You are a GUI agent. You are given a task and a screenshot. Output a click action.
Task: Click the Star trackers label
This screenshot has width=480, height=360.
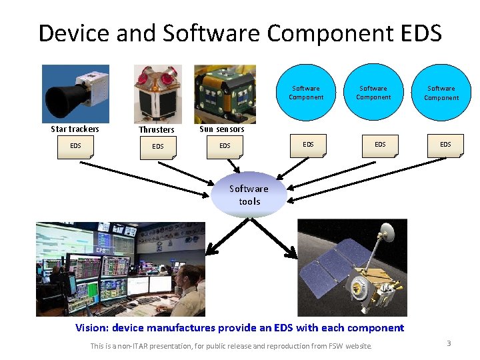[75, 129]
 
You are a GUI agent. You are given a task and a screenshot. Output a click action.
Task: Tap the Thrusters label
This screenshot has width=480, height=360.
[157, 130]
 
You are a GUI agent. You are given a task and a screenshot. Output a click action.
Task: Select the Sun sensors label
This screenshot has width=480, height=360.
[222, 129]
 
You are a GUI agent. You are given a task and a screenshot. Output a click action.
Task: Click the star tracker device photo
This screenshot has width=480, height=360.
[75, 93]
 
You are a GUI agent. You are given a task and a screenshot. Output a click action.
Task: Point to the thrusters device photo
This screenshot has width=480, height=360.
[157, 93]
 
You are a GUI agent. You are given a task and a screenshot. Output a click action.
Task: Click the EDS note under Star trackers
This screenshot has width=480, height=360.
[75, 146]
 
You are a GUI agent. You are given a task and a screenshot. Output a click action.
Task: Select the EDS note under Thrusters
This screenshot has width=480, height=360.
[158, 147]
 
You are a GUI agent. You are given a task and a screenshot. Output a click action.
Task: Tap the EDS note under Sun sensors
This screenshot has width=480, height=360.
[225, 146]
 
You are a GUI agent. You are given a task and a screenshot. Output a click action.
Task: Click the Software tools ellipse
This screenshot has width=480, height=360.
[249, 195]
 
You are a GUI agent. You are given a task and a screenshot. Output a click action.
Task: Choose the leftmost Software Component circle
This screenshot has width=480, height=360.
[305, 93]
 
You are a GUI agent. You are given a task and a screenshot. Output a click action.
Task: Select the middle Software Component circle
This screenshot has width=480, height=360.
[373, 93]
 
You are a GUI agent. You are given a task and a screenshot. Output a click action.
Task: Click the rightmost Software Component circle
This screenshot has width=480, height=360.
[442, 93]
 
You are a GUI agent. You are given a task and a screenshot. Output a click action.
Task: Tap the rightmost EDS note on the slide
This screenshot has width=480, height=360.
[445, 145]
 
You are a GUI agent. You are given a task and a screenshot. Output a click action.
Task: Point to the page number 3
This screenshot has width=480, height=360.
[449, 343]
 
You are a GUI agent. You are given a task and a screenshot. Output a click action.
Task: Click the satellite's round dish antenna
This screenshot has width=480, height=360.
[385, 231]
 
